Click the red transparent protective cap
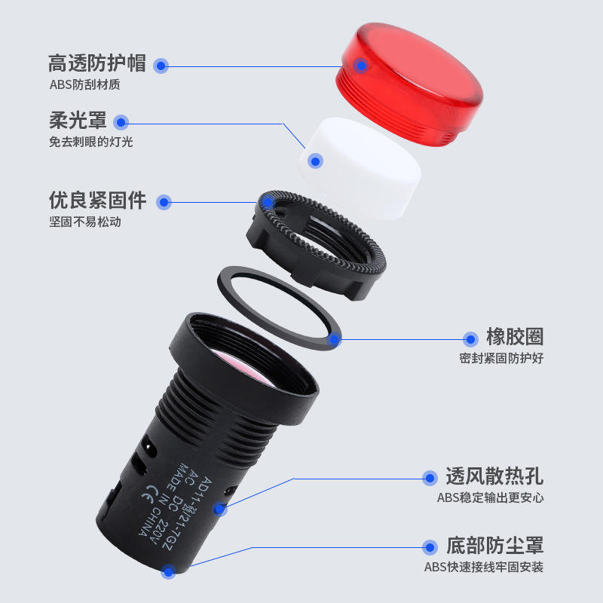409,84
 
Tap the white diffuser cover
360,167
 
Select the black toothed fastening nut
316,243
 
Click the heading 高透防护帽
97,63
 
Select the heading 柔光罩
78,121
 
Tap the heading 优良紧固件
98,200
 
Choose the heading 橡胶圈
515,337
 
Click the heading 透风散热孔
494,476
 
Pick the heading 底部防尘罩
495,546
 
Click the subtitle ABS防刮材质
84,84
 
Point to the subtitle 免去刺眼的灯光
90,142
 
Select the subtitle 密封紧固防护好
501,359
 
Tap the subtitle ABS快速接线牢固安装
484,568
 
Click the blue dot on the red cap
361,66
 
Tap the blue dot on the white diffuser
315,161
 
